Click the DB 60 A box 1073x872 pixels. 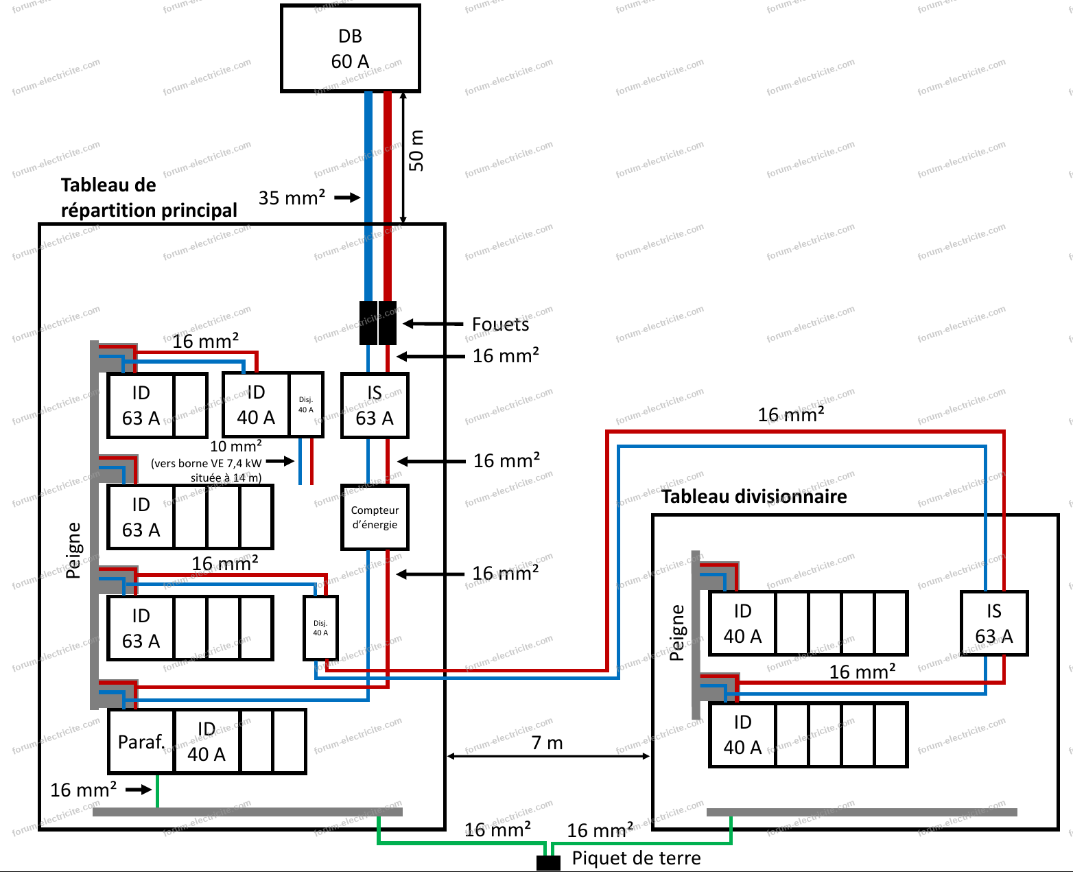click(x=350, y=49)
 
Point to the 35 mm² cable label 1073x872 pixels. click(x=292, y=198)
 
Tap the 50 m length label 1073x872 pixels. click(x=416, y=150)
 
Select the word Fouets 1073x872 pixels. click(x=500, y=325)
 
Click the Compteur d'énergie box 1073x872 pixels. click(x=375, y=517)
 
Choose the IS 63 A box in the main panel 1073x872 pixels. click(x=375, y=405)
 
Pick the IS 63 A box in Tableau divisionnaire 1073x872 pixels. click(x=993, y=624)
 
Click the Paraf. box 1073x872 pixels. click(x=141, y=742)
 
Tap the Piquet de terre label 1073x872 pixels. click(x=636, y=858)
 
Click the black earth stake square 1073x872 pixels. click(x=548, y=864)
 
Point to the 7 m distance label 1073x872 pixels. click(x=547, y=743)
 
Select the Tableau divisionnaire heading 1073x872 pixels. click(x=754, y=497)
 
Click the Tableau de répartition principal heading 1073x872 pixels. click(x=148, y=198)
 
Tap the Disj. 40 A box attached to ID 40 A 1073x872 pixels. click(x=306, y=405)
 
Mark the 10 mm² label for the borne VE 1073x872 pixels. click(x=235, y=447)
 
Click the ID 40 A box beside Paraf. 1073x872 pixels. click(x=207, y=742)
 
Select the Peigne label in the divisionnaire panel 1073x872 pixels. click(x=676, y=633)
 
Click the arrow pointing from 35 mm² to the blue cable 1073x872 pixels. click(x=347, y=198)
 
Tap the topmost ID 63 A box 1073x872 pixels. click(x=141, y=405)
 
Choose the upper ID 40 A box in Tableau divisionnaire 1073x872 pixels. click(x=742, y=624)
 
